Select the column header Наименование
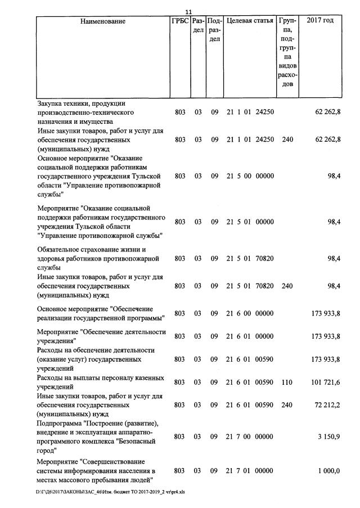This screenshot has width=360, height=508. click(103, 21)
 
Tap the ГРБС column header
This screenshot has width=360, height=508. click(179, 21)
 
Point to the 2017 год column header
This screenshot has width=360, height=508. click(320, 21)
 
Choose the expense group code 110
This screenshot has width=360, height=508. click(287, 382)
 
